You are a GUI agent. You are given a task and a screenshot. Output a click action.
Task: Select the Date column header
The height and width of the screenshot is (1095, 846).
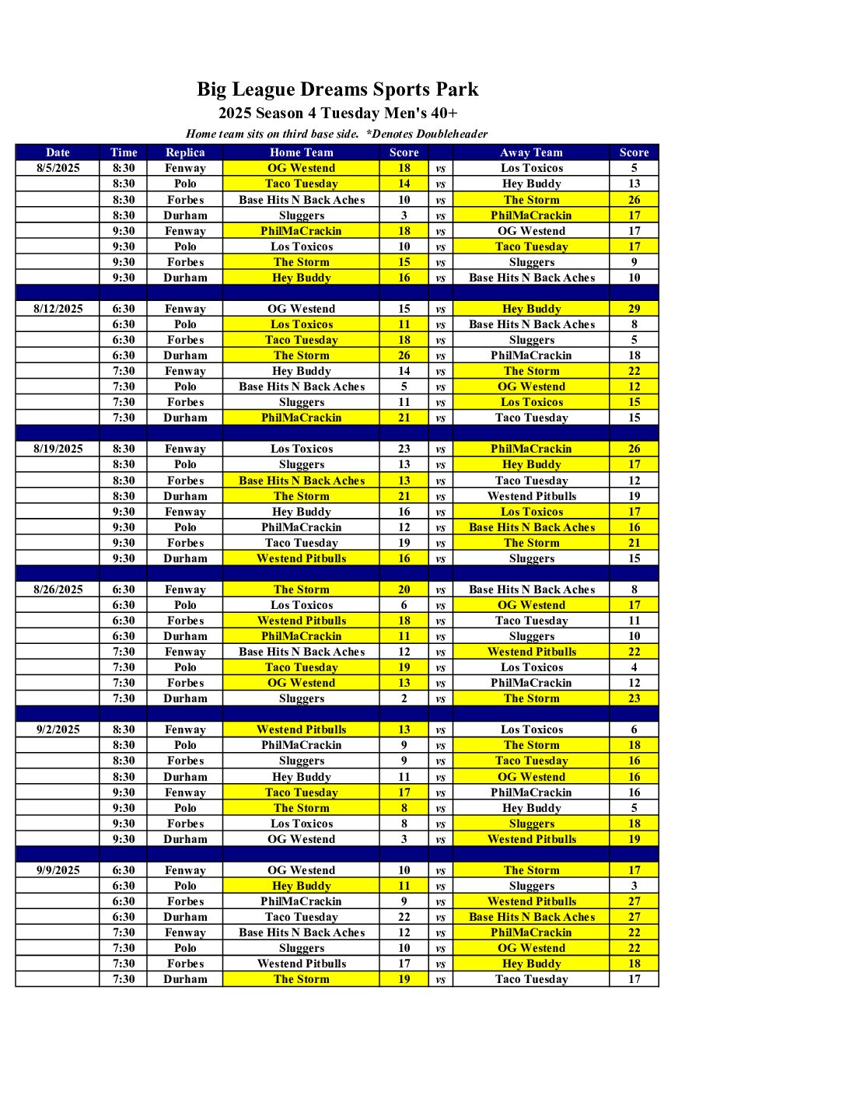[58, 152]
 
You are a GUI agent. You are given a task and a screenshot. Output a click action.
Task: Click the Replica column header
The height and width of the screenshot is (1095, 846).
[185, 152]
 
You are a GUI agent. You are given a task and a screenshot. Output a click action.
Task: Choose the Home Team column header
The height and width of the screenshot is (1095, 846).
[301, 152]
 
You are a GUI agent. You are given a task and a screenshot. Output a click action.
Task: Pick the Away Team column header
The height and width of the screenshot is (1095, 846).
[531, 152]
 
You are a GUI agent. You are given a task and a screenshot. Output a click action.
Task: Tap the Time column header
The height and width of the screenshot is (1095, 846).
[124, 152]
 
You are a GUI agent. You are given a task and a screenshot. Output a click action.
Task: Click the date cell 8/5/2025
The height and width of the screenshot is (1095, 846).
[58, 168]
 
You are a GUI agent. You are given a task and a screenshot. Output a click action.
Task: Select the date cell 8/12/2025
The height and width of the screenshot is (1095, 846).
[58, 309]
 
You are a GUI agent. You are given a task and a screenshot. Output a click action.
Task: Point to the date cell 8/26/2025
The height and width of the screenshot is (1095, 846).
[58, 589]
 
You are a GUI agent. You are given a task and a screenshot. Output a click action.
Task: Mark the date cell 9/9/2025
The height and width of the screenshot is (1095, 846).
[58, 870]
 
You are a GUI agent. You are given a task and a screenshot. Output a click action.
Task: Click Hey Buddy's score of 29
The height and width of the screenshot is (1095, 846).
[634, 309]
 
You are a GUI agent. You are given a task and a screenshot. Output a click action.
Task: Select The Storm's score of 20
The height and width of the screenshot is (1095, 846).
[404, 589]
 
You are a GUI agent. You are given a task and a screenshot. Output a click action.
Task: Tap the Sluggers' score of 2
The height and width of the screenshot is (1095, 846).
[404, 698]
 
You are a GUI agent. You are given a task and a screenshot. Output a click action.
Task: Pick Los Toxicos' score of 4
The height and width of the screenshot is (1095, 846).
[634, 667]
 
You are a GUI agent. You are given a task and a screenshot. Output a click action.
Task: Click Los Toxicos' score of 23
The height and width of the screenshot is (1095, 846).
[404, 449]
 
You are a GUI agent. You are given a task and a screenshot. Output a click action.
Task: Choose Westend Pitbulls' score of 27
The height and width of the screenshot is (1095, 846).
[634, 901]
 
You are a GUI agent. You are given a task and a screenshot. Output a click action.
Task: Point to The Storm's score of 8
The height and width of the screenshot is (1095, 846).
[404, 808]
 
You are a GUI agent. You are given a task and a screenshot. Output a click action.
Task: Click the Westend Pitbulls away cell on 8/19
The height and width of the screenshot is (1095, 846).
[531, 496]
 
